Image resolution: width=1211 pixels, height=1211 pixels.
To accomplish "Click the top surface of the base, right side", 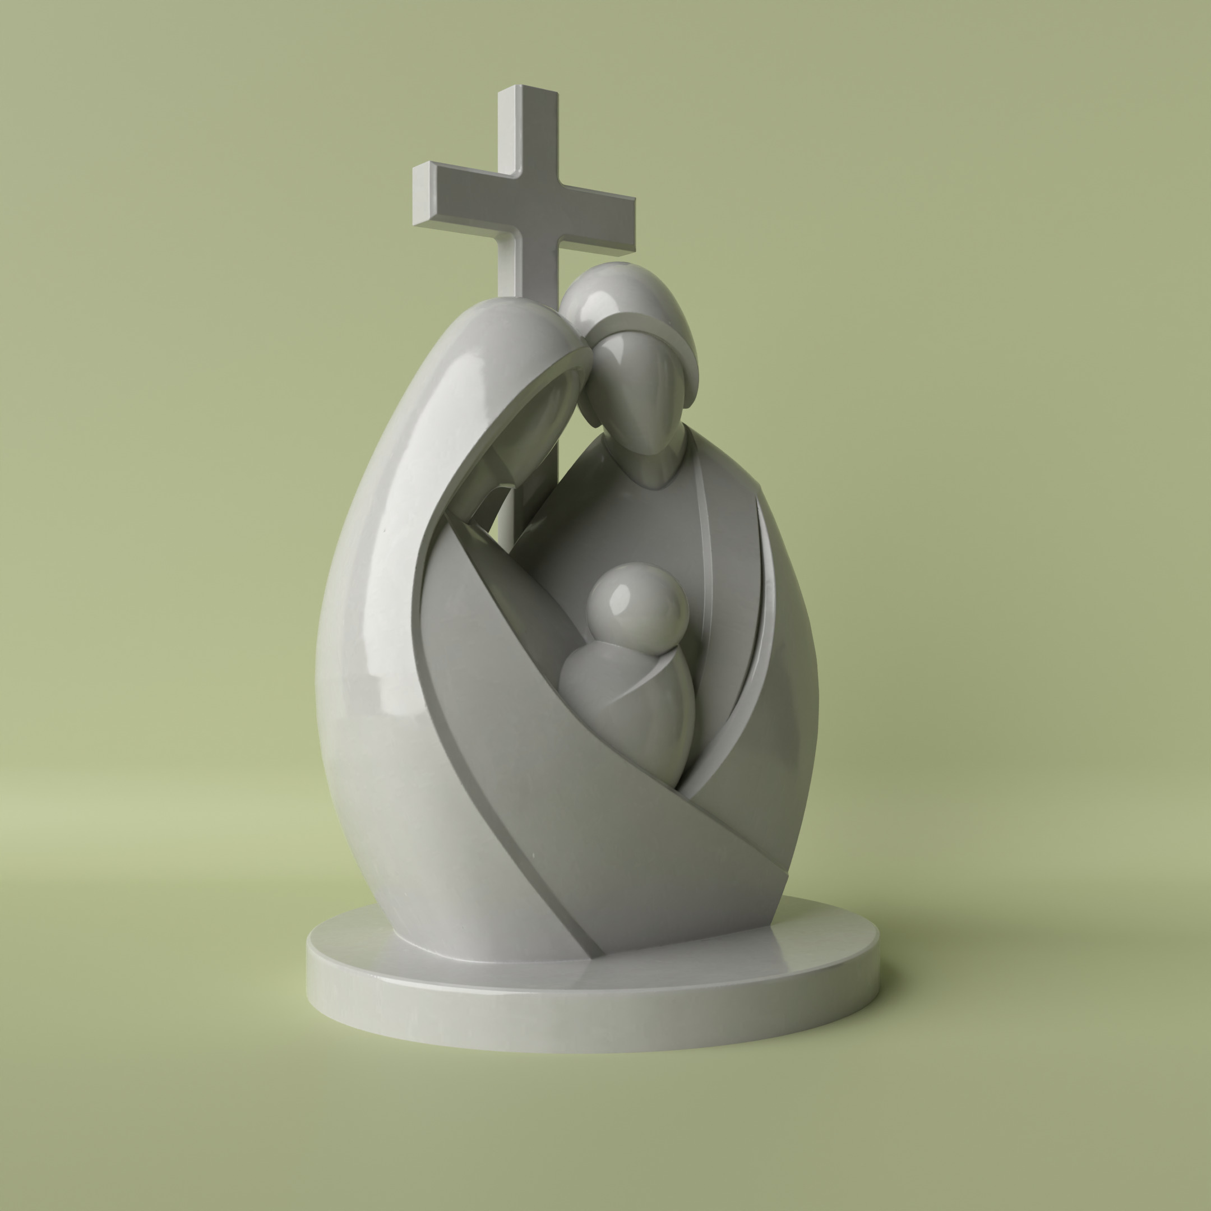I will click(815, 940).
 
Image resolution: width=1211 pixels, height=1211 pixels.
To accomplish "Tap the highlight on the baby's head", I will click(621, 593).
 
